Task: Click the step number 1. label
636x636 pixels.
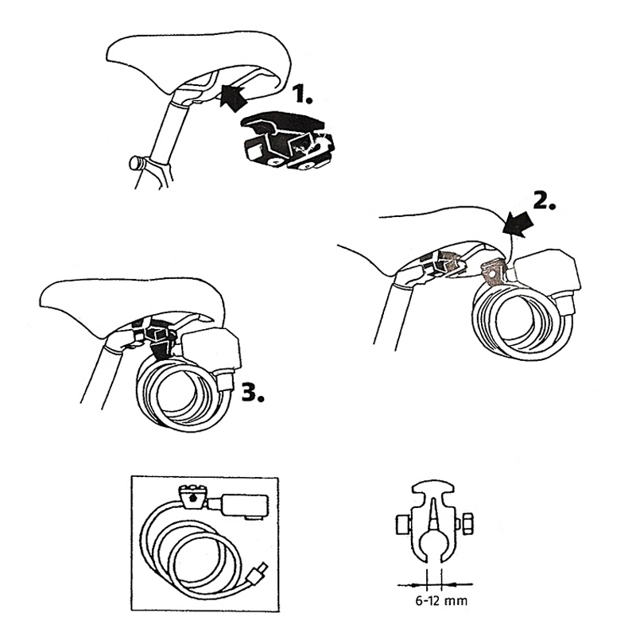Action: coord(303,94)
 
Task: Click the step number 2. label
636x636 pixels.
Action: coord(544,200)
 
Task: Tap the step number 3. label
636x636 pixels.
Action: coord(253,392)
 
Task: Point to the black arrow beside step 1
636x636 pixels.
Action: coord(234,95)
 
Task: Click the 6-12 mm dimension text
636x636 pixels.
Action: coord(441,600)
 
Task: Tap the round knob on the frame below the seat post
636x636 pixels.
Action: coord(137,164)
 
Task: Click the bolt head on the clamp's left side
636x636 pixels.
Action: coord(403,525)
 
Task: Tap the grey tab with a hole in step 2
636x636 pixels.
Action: coord(493,272)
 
